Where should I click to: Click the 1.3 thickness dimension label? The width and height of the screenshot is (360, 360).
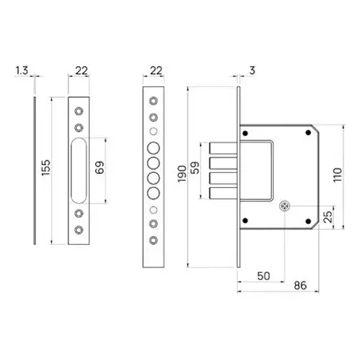21,71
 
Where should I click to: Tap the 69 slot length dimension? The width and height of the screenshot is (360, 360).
100,170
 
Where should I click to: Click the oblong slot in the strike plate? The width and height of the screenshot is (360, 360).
78,170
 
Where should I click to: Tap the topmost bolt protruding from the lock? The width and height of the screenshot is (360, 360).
218,148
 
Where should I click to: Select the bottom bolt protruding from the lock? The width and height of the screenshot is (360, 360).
218,192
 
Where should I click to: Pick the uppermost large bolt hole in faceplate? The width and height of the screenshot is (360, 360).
153,148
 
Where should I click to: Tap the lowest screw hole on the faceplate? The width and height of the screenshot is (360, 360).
153,235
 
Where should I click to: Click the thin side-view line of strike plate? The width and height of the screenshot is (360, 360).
33,170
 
